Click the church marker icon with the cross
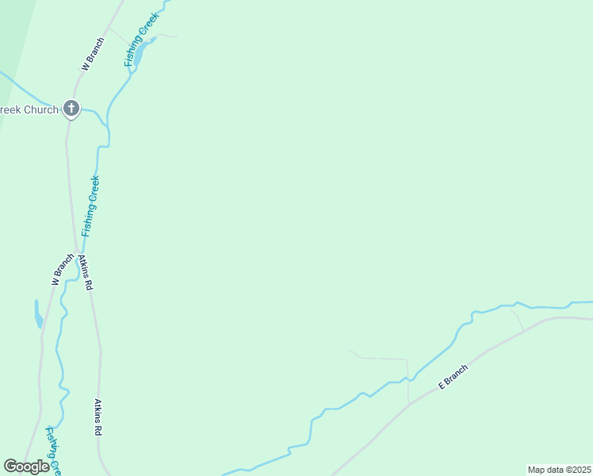click(x=71, y=109)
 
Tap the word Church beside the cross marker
click(x=40, y=109)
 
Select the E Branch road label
click(x=453, y=376)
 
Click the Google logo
click(x=26, y=466)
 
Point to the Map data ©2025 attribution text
click(x=559, y=470)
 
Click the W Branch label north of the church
click(x=94, y=55)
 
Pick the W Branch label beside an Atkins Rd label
click(x=62, y=270)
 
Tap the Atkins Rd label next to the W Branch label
click(x=86, y=272)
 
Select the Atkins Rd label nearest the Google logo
click(x=100, y=417)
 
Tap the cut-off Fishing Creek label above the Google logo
click(x=52, y=449)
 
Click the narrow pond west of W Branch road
click(x=37, y=314)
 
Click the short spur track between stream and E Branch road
click(x=517, y=320)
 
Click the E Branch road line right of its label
click(x=507, y=336)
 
